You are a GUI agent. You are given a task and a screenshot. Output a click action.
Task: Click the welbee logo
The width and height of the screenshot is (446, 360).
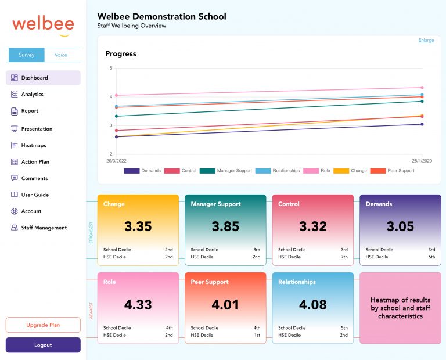tap(43, 25)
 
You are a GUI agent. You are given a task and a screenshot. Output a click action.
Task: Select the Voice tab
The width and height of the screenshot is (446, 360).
tap(61, 55)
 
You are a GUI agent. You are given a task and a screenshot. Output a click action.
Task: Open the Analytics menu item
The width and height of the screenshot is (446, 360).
tap(32, 94)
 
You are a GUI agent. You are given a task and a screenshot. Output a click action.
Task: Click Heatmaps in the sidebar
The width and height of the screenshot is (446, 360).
tap(33, 145)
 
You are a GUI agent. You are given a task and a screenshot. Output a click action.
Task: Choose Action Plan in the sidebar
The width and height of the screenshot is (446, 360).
tap(35, 162)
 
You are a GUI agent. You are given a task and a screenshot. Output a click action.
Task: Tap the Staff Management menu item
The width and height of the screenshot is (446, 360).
tap(44, 228)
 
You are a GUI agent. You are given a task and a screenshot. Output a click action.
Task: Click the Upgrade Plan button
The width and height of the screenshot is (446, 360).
tap(43, 325)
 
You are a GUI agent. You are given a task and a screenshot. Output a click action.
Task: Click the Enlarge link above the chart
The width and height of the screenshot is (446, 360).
tap(426, 40)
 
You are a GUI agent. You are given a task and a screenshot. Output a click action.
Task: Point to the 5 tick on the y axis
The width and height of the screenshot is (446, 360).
tap(110, 68)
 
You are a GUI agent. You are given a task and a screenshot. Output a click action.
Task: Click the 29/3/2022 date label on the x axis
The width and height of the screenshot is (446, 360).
tap(116, 161)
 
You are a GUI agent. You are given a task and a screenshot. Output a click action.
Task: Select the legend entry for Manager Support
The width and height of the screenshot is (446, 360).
tap(234, 171)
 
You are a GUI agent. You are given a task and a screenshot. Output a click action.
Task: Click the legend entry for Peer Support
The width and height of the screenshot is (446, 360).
tap(400, 171)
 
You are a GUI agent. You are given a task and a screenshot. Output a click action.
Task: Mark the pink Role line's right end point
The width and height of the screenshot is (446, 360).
tap(422, 88)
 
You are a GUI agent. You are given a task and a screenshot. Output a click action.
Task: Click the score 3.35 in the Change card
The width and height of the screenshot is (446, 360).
tap(138, 226)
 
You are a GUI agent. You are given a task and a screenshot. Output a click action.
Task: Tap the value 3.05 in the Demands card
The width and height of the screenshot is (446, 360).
tap(400, 226)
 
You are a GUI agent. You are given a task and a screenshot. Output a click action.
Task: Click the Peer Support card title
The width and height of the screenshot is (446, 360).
tap(210, 282)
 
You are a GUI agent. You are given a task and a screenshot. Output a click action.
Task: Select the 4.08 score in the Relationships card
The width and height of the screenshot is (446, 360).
tap(313, 304)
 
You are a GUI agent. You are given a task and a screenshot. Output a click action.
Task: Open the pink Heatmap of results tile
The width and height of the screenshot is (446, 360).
tap(400, 308)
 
